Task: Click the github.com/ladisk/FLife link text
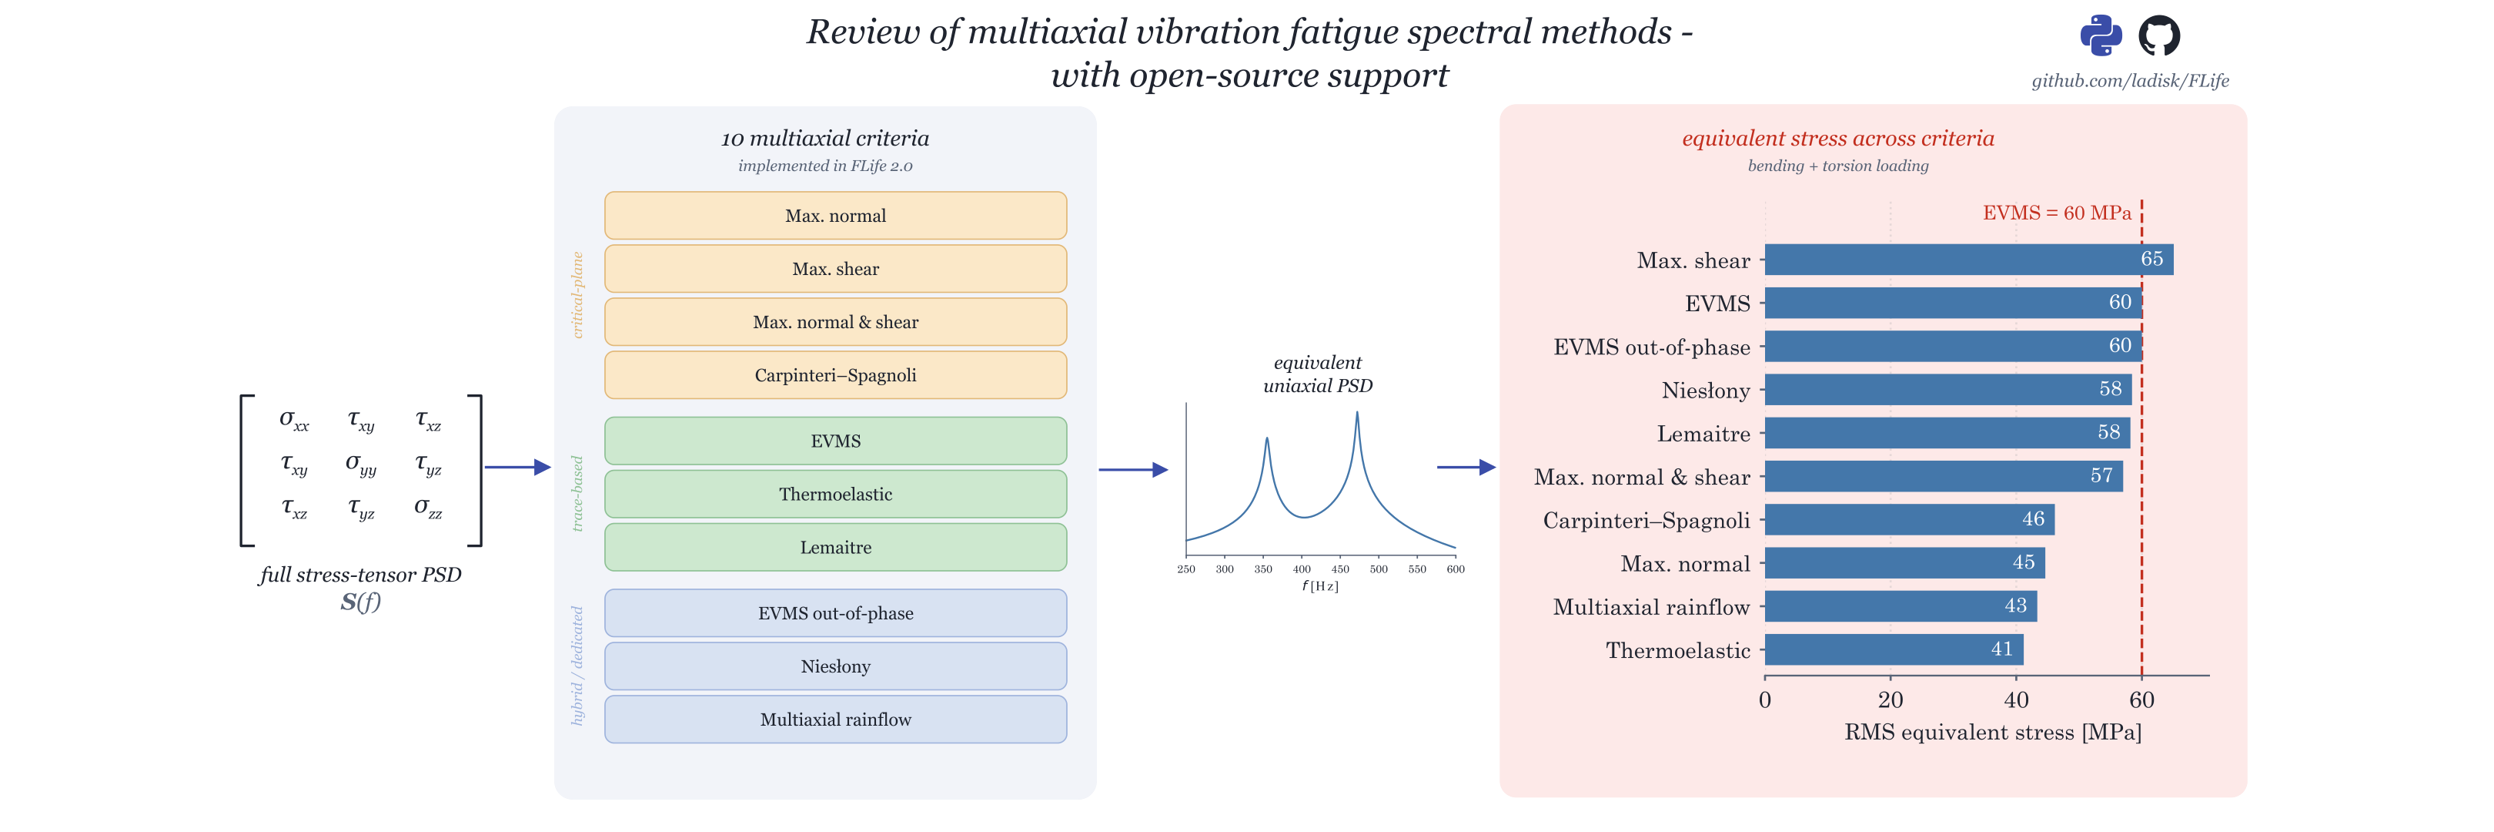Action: click(x=2130, y=80)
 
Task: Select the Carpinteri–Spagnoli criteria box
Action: click(x=835, y=375)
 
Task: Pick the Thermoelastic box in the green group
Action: click(x=835, y=494)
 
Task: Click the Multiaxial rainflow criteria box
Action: click(x=835, y=720)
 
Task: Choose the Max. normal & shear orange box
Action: click(x=835, y=321)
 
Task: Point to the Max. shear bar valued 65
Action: click(x=1968, y=259)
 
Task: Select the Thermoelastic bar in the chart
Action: click(x=1894, y=649)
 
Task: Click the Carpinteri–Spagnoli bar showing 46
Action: click(x=1909, y=519)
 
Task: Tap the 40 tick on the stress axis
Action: click(x=2016, y=699)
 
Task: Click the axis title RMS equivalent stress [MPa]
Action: click(x=1992, y=733)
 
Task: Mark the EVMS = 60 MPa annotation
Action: click(x=2056, y=213)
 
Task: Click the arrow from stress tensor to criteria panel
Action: click(x=517, y=467)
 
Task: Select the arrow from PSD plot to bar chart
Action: click(x=1466, y=467)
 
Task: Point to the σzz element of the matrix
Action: click(x=428, y=507)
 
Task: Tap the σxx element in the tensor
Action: click(x=294, y=419)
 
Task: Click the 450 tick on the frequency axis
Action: click(x=1340, y=569)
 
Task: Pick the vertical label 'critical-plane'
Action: click(x=578, y=295)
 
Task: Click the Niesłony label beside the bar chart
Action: click(x=1706, y=391)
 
